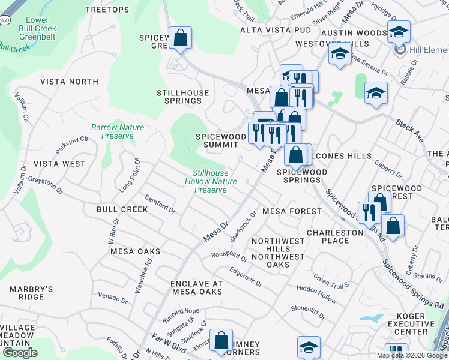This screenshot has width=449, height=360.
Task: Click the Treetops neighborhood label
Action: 107,10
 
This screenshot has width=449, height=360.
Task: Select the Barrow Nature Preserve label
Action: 112,131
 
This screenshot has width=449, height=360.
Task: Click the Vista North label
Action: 69,82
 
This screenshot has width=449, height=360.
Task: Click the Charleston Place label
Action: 336,236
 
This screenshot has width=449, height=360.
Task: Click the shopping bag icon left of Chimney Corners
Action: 221,340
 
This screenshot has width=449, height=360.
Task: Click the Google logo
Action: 20,352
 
